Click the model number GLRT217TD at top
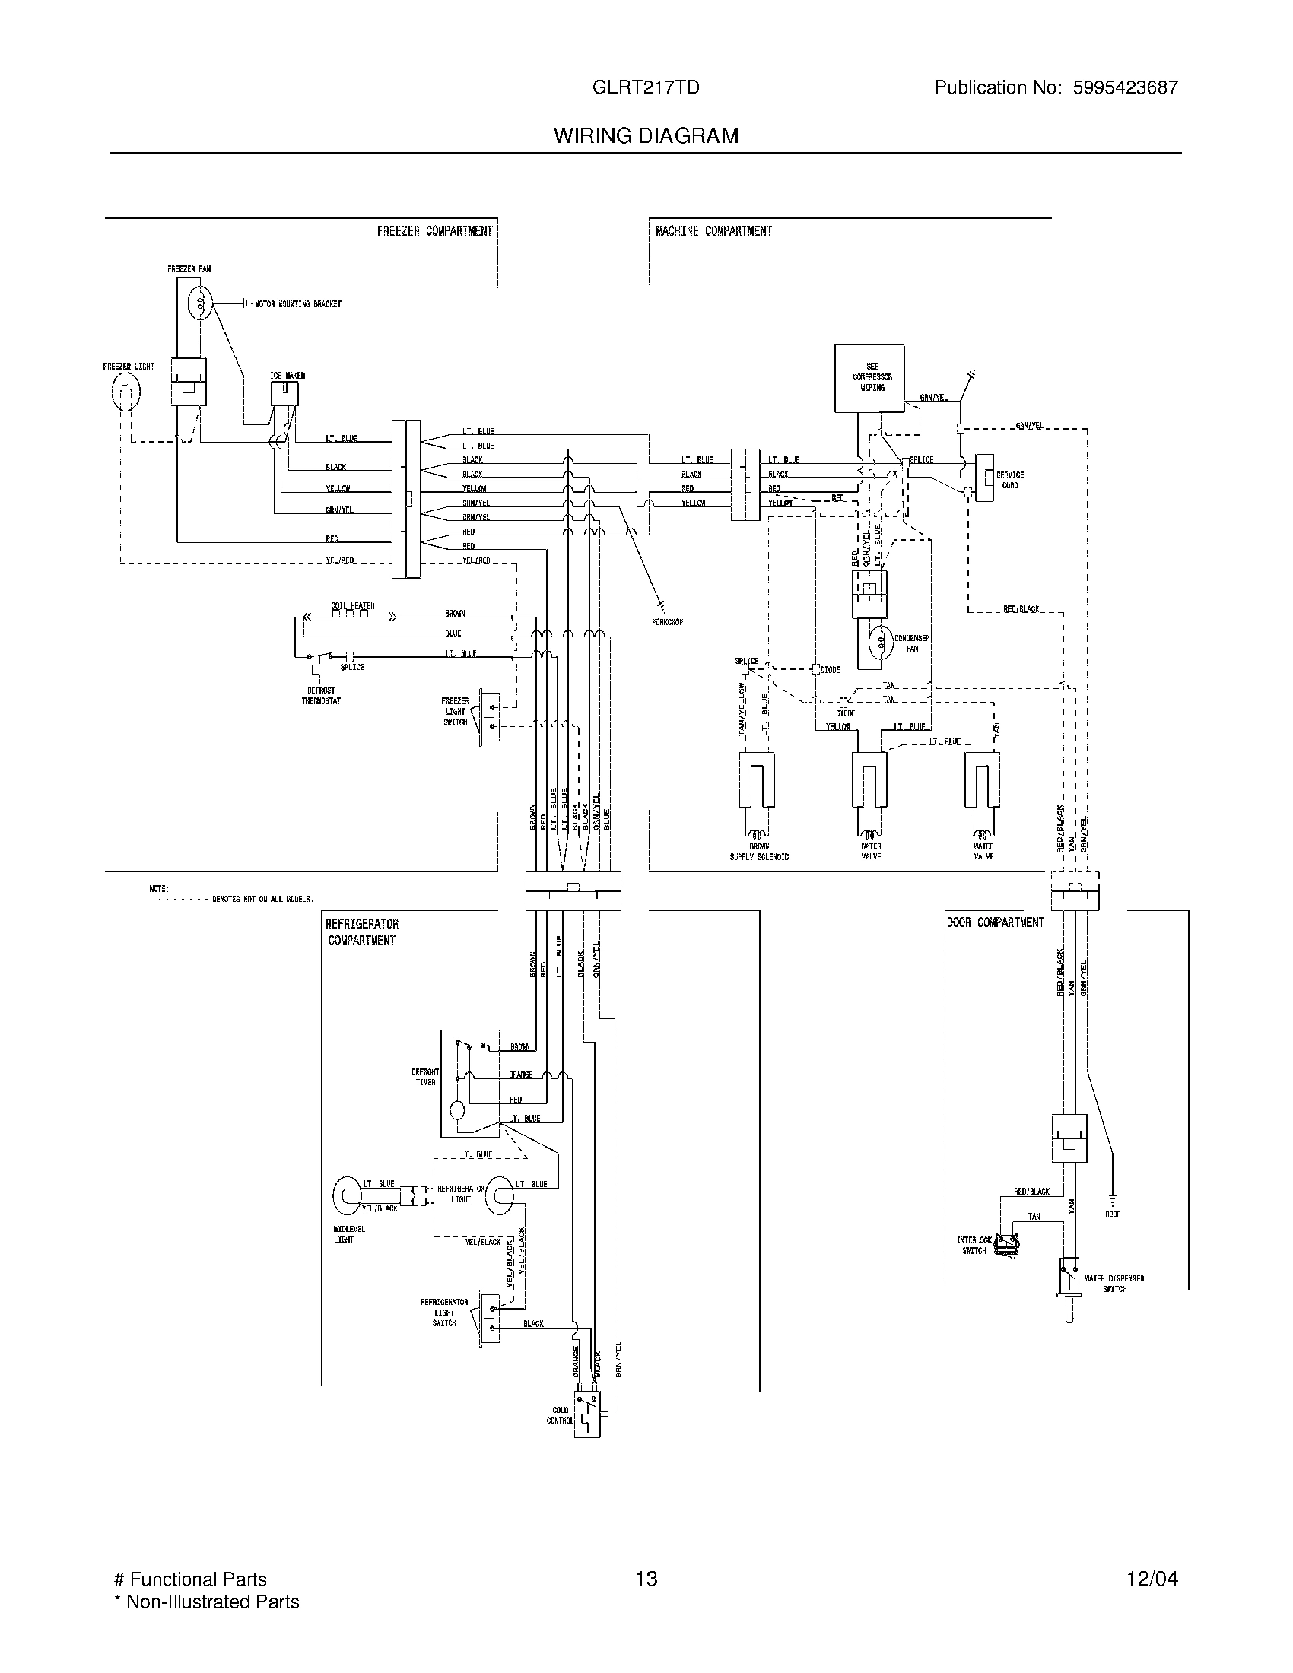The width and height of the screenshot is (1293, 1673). click(646, 87)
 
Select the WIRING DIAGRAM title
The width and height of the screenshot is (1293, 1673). click(646, 135)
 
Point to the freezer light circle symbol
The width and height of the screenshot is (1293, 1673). click(125, 392)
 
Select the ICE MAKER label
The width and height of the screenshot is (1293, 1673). click(288, 376)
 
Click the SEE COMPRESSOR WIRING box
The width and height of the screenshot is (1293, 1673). click(869, 379)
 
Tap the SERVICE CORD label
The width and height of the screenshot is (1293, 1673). click(1009, 481)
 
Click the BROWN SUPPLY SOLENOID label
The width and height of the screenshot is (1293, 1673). click(758, 851)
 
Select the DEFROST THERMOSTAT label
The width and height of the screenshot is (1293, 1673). click(321, 696)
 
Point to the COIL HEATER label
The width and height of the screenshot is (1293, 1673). click(352, 606)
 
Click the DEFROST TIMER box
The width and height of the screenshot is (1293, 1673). click(469, 1083)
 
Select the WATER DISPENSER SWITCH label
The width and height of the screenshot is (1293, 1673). click(1114, 1283)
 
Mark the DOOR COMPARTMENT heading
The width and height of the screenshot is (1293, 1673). click(995, 922)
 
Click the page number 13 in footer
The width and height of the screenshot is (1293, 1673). click(646, 1579)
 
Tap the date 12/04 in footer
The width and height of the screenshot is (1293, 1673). click(1152, 1579)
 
